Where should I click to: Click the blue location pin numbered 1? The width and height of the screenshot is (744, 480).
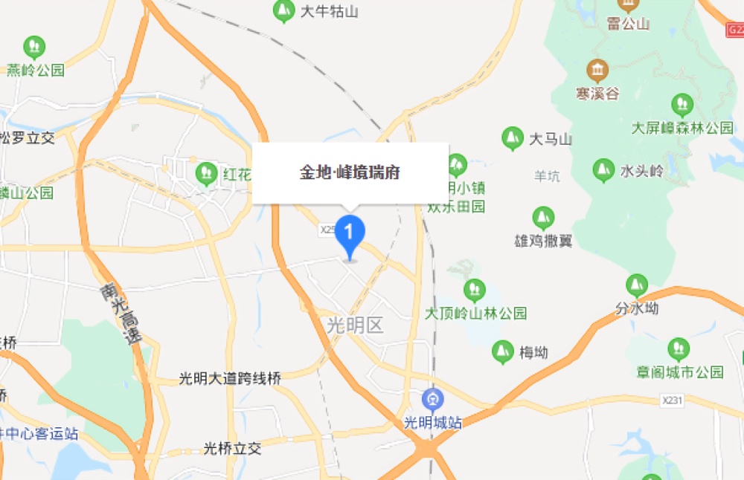click(x=350, y=232)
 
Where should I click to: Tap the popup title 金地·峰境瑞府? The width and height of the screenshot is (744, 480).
click(x=350, y=172)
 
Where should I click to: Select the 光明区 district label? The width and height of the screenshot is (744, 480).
click(x=355, y=325)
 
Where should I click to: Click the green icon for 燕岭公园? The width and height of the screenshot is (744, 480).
click(x=33, y=47)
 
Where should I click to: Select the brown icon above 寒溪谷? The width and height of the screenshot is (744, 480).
click(x=597, y=71)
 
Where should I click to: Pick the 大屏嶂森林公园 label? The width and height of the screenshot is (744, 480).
click(x=682, y=128)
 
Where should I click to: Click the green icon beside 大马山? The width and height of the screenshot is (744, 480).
click(x=512, y=138)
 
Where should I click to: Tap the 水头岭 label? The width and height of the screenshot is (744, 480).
click(x=641, y=171)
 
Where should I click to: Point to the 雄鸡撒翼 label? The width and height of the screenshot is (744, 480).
click(x=543, y=241)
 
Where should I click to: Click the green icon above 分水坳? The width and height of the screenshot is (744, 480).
click(x=636, y=285)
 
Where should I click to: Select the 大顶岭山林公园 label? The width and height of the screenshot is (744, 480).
click(x=475, y=313)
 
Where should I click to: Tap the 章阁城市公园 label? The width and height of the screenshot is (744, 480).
click(x=679, y=372)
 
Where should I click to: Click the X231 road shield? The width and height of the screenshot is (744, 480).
click(x=672, y=400)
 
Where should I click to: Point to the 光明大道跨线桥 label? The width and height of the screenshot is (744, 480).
click(x=230, y=378)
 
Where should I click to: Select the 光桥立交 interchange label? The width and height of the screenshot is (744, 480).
click(x=232, y=449)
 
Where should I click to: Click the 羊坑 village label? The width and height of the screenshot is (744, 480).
click(x=547, y=176)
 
